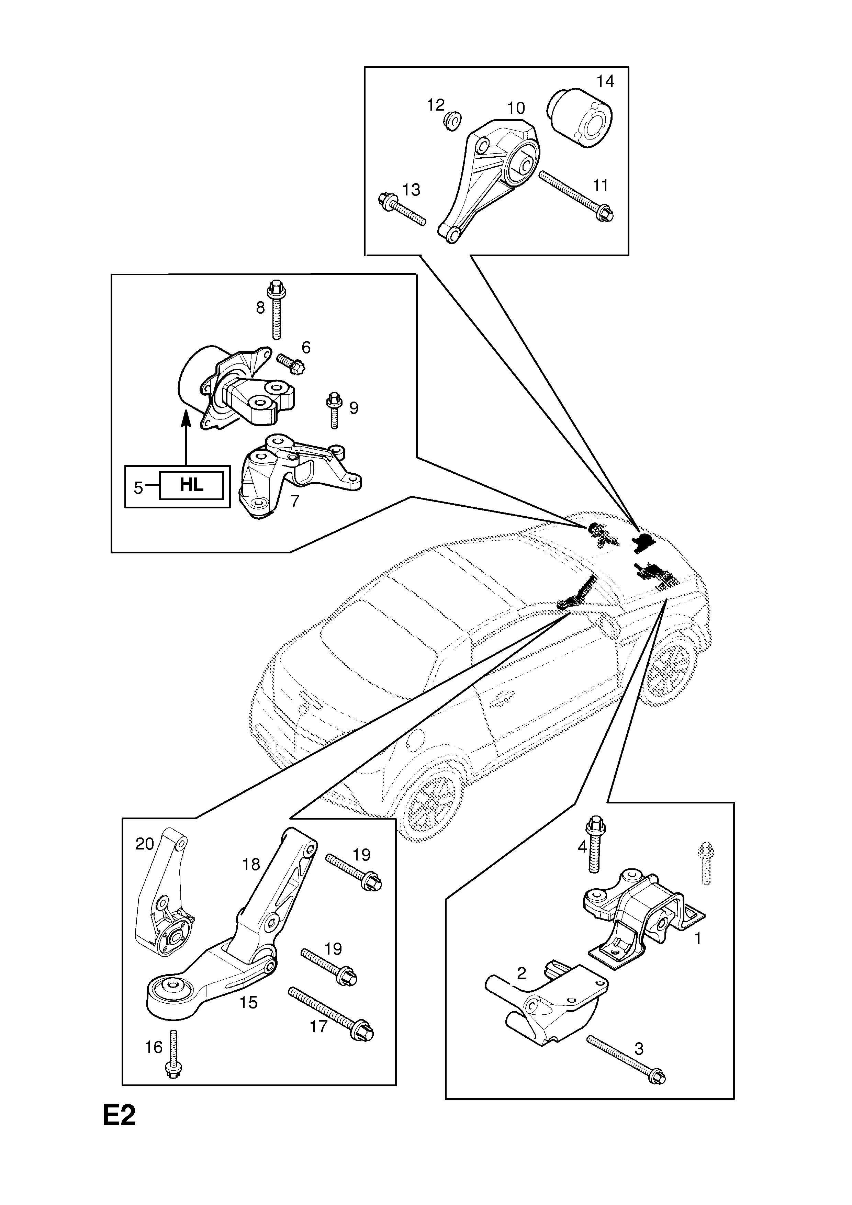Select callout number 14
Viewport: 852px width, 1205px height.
tap(605, 81)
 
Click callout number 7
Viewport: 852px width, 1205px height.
tap(294, 501)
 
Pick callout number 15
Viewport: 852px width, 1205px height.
tap(248, 1002)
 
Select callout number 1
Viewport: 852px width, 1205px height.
tap(698, 938)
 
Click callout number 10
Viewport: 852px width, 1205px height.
tap(516, 108)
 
